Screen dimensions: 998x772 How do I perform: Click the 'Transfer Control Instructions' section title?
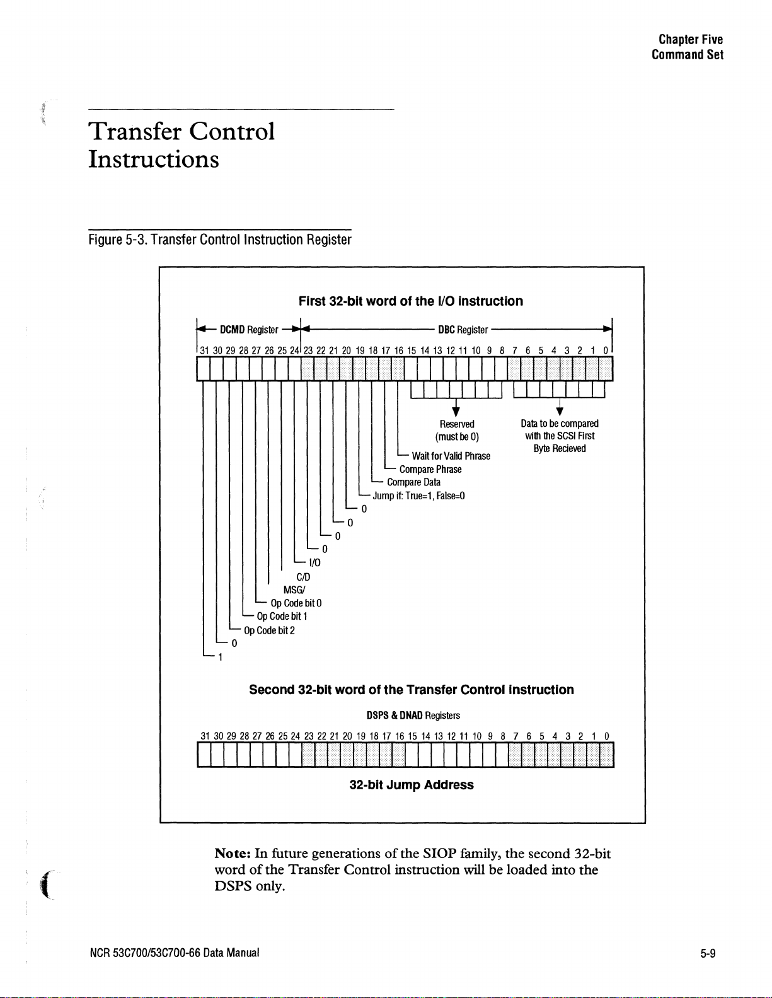181,145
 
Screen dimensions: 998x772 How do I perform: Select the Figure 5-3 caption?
219,240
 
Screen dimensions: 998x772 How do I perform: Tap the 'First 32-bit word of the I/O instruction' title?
410,301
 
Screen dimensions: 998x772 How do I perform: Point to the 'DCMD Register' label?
248,330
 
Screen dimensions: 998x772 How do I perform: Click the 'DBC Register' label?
463,330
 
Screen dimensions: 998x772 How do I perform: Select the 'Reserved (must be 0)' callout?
457,431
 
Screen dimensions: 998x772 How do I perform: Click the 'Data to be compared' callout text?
560,424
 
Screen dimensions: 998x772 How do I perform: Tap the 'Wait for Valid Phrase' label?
451,456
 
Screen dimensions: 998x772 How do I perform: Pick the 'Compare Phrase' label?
430,470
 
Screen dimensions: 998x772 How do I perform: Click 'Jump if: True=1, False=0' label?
419,496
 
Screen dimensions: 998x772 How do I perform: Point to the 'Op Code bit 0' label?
296,603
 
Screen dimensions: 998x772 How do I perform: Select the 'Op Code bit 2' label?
269,630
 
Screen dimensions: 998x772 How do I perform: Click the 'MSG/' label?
294,590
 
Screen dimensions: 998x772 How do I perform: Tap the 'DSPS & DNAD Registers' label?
413,715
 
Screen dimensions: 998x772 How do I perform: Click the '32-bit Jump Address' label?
412,785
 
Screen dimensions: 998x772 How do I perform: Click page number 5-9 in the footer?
708,953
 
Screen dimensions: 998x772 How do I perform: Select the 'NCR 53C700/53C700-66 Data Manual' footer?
174,953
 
